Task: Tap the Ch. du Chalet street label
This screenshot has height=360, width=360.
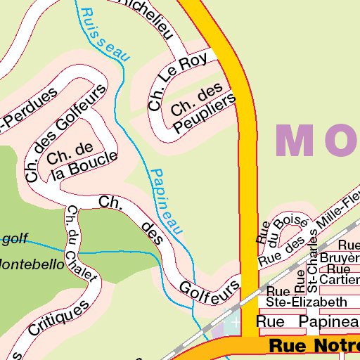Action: [82, 243]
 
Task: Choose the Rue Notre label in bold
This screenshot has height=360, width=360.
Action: [314, 346]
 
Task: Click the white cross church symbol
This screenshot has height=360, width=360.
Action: [235, 321]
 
